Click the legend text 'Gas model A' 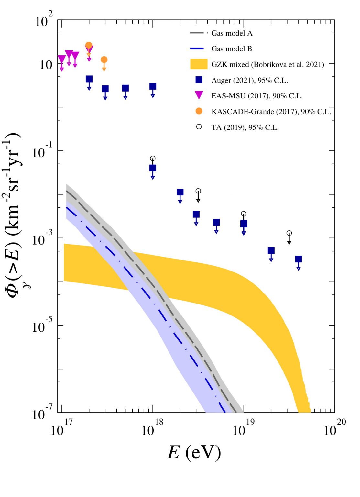pos(232,33)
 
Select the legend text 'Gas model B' pos(231,49)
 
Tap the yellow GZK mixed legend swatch pos(199,64)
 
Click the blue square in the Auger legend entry pos(199,80)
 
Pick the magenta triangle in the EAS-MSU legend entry pos(199,95)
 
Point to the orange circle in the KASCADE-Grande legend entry pos(199,111)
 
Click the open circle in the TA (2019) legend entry pos(199,127)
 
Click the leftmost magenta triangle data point pos(62,59)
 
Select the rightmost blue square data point pos(298,259)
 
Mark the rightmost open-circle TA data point pos(289,233)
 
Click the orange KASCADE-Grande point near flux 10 pos(104,60)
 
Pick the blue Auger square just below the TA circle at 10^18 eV pos(153,168)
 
